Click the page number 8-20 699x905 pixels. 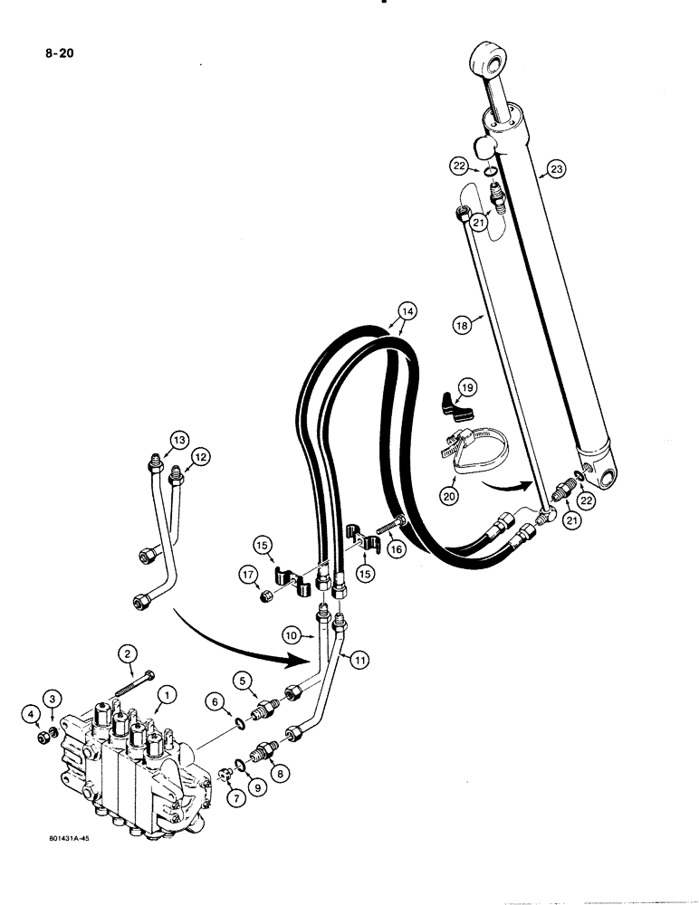click(56, 52)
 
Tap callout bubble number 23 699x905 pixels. click(556, 168)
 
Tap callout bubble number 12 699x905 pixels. click(200, 458)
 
